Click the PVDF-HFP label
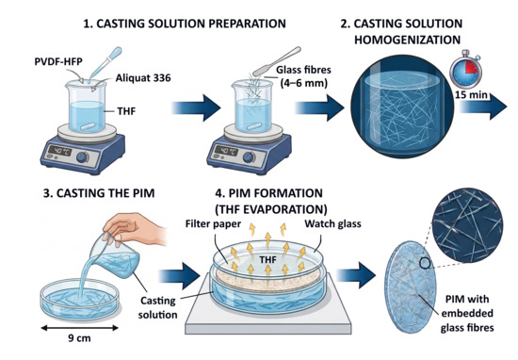pos(58,61)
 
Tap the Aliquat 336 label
pos(143,77)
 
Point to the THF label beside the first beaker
pos(126,111)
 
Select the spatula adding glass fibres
pos(277,61)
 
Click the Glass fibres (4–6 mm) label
pos(303,76)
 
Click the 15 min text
pos(471,95)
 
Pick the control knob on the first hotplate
pos(82,157)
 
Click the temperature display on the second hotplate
pos(226,151)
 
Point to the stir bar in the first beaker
pos(88,126)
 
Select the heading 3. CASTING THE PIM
pos(99,193)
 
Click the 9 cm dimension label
pos(79,338)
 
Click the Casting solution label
pos(158,307)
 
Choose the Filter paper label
pos(213,223)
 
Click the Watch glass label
pos(332,223)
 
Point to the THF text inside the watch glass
pos(267,259)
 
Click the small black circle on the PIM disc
pos(425,263)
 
